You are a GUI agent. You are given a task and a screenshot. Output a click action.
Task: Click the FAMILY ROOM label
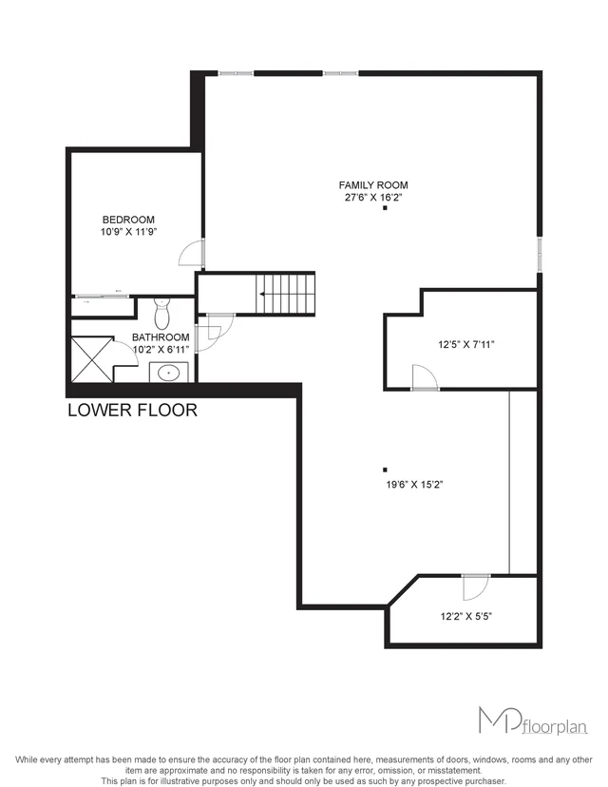click(374, 185)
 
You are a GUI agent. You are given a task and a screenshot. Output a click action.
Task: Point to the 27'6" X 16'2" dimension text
click(374, 198)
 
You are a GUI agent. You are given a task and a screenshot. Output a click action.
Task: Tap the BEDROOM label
click(128, 220)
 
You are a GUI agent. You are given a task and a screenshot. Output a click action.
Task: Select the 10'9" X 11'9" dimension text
click(128, 232)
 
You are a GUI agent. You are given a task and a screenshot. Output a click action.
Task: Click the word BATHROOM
click(160, 336)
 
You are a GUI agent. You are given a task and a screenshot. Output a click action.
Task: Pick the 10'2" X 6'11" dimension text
click(160, 349)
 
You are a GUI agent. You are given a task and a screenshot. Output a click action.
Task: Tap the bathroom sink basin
click(170, 372)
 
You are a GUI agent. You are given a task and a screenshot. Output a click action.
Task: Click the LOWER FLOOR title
click(132, 411)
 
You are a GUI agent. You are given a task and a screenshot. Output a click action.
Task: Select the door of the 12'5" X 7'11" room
click(425, 378)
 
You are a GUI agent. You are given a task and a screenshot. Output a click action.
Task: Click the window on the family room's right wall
click(540, 253)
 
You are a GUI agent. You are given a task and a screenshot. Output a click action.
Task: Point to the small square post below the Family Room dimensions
click(386, 210)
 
